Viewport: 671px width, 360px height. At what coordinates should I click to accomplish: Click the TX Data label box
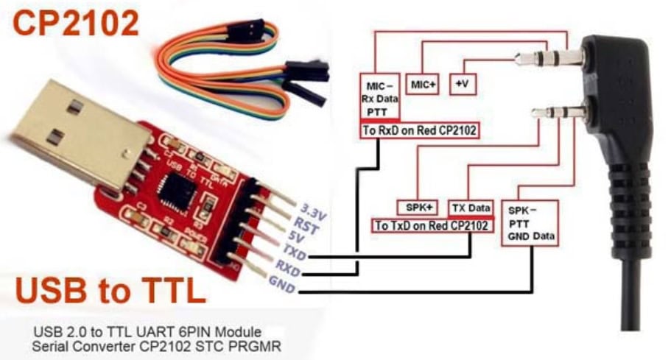[471, 208]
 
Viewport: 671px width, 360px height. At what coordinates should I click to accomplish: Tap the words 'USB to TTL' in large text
[110, 290]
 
